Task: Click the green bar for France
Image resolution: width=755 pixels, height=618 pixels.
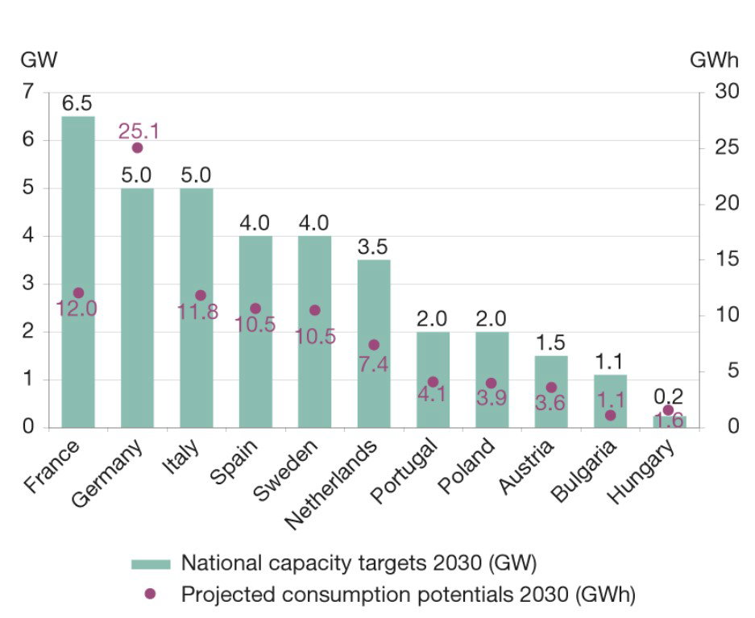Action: point(78,272)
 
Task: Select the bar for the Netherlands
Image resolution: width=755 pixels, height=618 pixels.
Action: point(374,344)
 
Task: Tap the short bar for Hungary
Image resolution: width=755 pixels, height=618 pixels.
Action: point(670,421)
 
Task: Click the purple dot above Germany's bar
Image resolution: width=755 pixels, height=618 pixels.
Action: point(137,147)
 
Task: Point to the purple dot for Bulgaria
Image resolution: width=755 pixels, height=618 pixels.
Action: point(610,415)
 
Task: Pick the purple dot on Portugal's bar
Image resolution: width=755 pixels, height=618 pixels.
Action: point(433,382)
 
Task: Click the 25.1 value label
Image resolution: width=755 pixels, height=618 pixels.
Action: point(139,131)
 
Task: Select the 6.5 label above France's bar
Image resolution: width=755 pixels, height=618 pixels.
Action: point(77,103)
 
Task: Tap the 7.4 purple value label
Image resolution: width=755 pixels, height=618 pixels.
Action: point(373,364)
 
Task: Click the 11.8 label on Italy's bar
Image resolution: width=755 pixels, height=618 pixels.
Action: point(198,311)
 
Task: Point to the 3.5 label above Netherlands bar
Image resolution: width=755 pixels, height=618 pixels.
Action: point(373,247)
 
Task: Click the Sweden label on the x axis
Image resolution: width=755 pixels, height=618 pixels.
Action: point(285,470)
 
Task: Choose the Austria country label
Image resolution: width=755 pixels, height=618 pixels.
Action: point(526,467)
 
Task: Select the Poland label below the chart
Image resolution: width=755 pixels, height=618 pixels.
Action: point(466,466)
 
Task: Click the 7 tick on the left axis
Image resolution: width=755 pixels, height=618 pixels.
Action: point(28,90)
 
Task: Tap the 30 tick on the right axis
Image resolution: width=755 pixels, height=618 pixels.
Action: point(727,90)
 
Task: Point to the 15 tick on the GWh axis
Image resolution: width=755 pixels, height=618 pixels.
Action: point(727,259)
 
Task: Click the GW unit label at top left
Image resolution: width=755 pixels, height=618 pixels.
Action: point(39,60)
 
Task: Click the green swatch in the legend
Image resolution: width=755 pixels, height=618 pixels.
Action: point(151,564)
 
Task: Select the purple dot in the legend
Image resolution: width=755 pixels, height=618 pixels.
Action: point(150,594)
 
